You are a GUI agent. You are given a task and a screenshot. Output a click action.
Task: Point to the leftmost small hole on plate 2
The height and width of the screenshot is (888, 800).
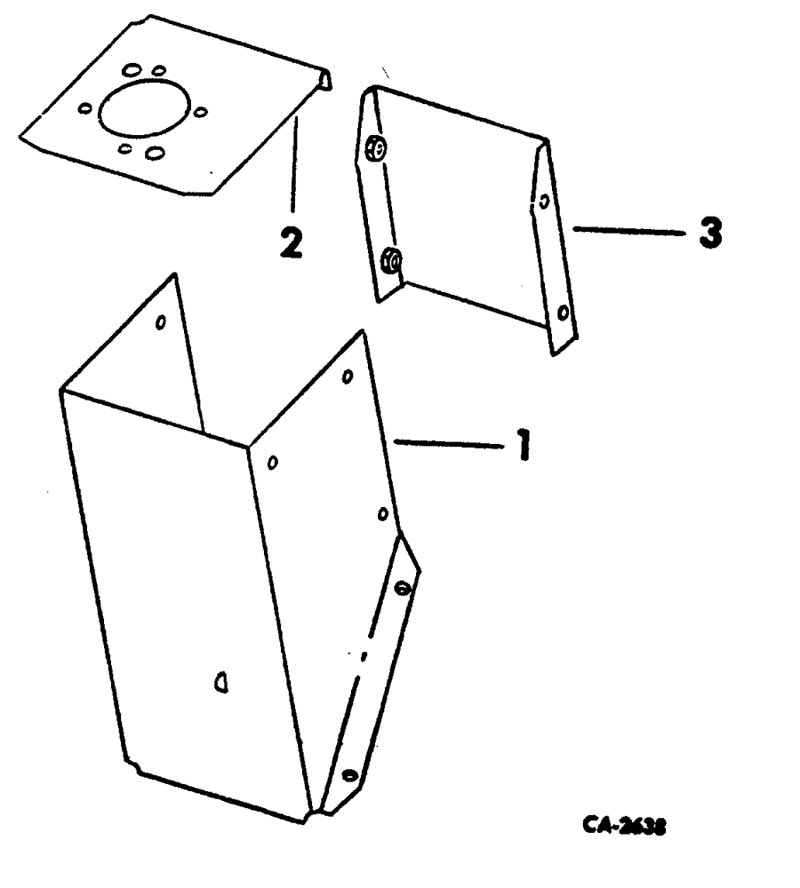(85, 108)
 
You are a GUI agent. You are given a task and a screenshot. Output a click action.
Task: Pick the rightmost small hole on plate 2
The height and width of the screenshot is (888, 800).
(200, 112)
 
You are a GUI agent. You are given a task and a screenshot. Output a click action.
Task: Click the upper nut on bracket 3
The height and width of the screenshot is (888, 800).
(377, 150)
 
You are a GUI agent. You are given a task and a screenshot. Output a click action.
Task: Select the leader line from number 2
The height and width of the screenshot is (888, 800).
(293, 169)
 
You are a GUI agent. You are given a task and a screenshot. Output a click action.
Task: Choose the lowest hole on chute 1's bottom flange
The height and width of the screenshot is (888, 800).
(348, 775)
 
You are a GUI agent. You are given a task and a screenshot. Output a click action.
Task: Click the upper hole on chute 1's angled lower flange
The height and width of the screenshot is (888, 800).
(401, 587)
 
